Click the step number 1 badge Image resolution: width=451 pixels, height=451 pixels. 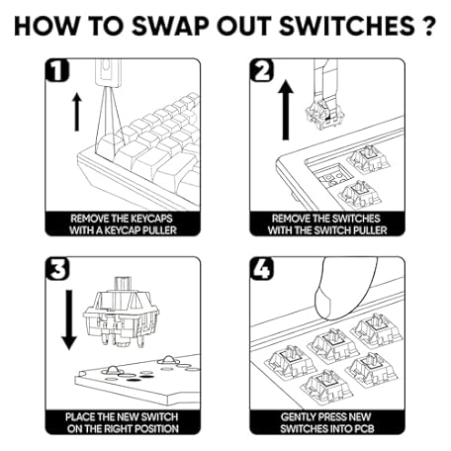tap(57, 70)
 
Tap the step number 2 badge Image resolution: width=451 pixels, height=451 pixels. tap(262, 70)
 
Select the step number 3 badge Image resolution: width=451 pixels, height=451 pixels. tap(57, 269)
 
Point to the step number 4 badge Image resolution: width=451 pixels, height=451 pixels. tap(262, 269)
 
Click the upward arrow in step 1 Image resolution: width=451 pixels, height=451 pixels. tap(77, 112)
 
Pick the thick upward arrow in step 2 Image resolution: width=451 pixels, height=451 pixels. tap(286, 110)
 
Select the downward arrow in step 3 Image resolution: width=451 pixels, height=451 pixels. tap(69, 319)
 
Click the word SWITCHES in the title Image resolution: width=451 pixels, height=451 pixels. tap(347, 26)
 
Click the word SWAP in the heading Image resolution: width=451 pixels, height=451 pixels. tap(171, 26)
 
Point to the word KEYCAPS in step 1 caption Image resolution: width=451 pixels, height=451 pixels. tap(151, 219)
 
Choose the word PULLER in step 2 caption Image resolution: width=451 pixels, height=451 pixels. tap(369, 230)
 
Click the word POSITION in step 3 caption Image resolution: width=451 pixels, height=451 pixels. tap(155, 428)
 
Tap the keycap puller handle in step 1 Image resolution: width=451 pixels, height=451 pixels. tap(108, 72)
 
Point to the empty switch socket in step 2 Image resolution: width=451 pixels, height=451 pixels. tap(332, 174)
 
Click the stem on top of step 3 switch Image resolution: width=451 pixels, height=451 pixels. tap(123, 284)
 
